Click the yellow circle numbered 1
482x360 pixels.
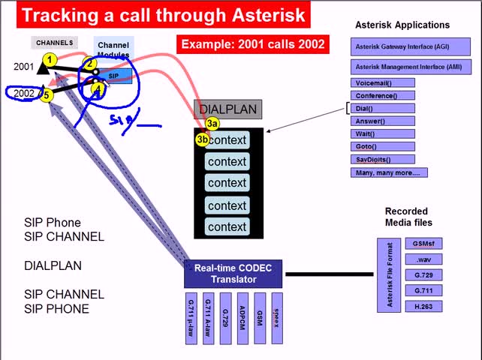[50, 59]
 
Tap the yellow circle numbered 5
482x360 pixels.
[47, 94]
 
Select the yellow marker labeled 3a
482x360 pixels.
[212, 124]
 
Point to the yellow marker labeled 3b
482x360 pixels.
[203, 139]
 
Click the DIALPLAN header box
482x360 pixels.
[227, 109]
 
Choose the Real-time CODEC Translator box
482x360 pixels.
[233, 274]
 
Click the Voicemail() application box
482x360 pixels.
[382, 82]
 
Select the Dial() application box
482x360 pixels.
[382, 108]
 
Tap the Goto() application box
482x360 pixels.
[382, 146]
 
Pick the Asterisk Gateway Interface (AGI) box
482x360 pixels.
[398, 46]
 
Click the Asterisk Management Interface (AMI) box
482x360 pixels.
[398, 67]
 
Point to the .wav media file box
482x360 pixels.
[422, 259]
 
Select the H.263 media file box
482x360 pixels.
[422, 306]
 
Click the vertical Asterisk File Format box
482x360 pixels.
[389, 275]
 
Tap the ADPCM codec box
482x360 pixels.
[241, 318]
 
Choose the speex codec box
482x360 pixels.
[276, 318]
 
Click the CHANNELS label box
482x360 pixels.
[55, 43]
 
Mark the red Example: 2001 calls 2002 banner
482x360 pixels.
[253, 44]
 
